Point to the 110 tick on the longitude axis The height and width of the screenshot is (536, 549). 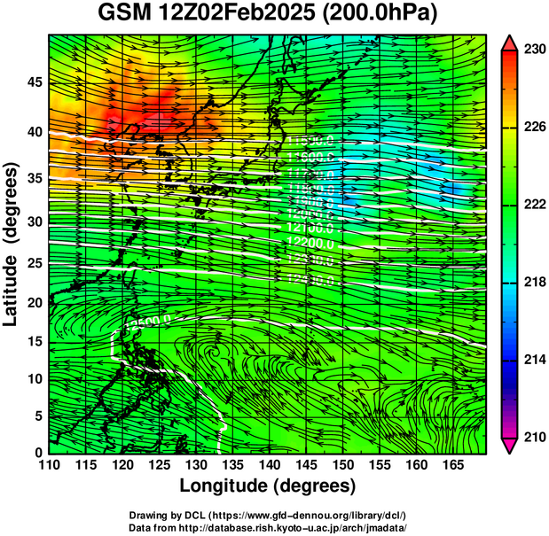point(49,464)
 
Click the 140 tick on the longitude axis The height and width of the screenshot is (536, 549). point(268,464)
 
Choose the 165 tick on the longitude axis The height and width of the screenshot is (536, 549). point(451,464)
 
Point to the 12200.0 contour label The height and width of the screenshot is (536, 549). point(310,243)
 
